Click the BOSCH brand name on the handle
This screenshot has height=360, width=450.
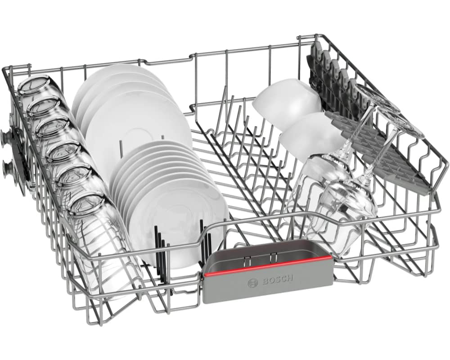278,280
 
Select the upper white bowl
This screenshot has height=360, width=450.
287,103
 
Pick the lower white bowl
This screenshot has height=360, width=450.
312,135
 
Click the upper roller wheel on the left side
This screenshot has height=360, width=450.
6,135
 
